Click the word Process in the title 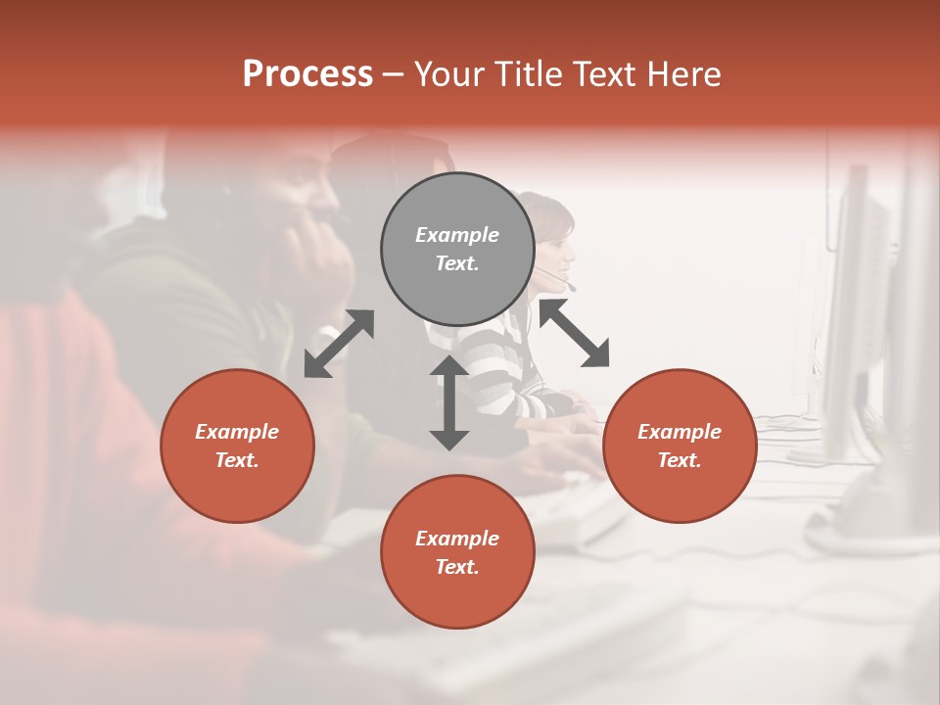[x=307, y=74]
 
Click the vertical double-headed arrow [x=449, y=402]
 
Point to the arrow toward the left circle [x=339, y=344]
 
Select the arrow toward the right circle [x=574, y=333]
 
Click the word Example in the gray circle [x=457, y=235]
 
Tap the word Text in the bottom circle [x=455, y=567]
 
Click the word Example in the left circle [x=237, y=432]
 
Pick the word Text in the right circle [x=678, y=460]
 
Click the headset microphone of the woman [x=571, y=287]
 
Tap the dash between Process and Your [x=393, y=74]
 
